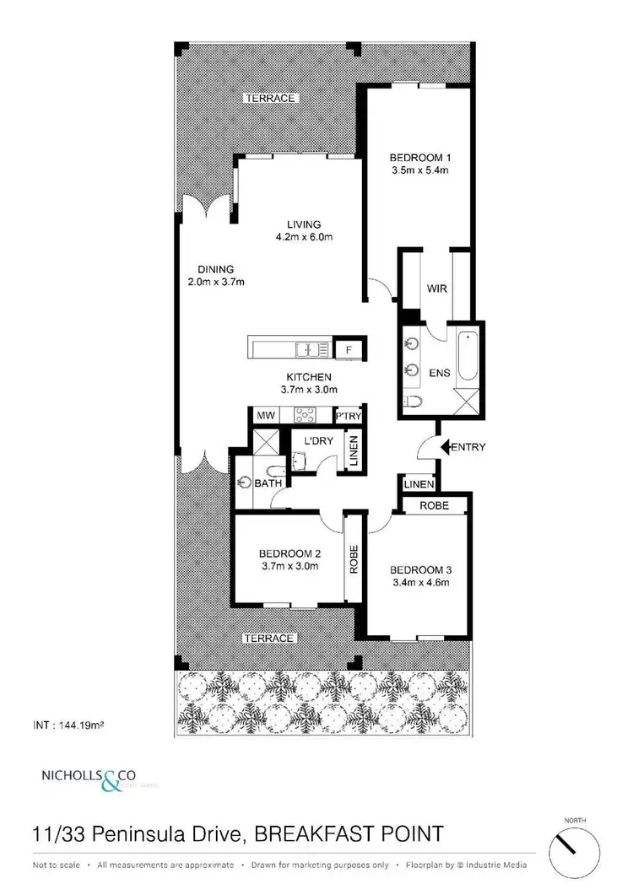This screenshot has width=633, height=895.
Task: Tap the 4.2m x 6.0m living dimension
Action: [304, 237]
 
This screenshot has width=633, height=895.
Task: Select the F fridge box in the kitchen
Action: [348, 348]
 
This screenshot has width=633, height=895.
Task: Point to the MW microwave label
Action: [265, 416]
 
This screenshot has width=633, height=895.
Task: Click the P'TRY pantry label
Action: [348, 416]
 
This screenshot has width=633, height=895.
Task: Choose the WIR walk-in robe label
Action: [436, 288]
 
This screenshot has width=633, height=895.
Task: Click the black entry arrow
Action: [446, 446]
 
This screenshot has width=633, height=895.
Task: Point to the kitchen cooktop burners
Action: [304, 415]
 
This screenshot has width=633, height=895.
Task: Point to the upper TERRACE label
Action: [270, 98]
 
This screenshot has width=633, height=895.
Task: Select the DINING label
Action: [214, 269]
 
